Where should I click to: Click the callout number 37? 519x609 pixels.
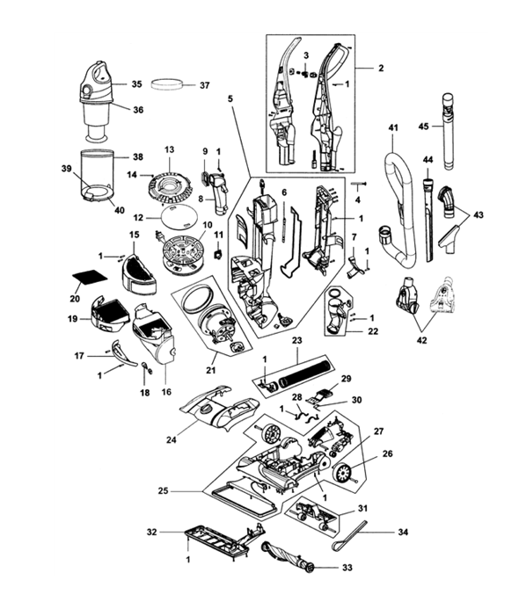pos(205,85)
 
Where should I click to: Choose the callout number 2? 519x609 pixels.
pos(381,68)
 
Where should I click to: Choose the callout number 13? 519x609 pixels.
pos(169,150)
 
